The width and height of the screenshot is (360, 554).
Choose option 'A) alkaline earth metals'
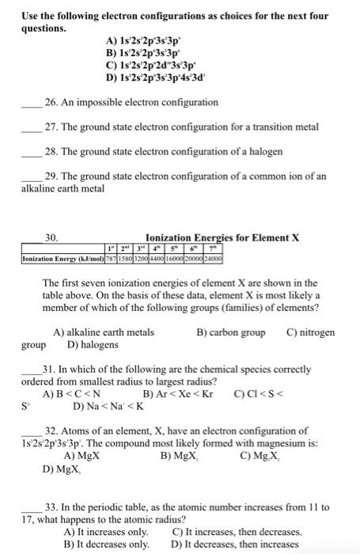[103, 333]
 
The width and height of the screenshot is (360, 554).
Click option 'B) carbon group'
[230, 333]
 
